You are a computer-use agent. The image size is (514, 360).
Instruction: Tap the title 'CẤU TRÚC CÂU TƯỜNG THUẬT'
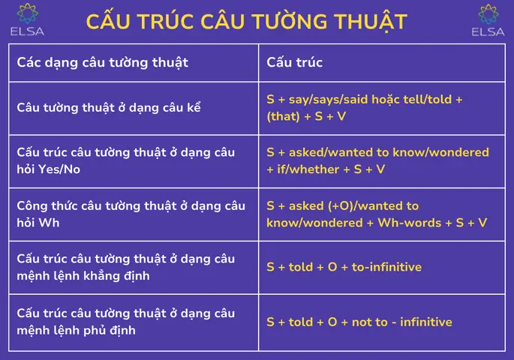click(x=247, y=22)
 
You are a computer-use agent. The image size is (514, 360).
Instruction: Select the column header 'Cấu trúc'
click(x=295, y=62)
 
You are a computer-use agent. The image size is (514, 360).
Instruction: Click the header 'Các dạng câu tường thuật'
click(x=103, y=62)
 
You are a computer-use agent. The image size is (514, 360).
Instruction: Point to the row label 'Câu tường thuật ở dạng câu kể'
click(x=109, y=106)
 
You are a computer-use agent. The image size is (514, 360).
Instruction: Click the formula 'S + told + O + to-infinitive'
click(x=344, y=267)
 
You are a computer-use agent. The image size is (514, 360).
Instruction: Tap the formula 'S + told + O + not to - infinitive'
click(x=359, y=322)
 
